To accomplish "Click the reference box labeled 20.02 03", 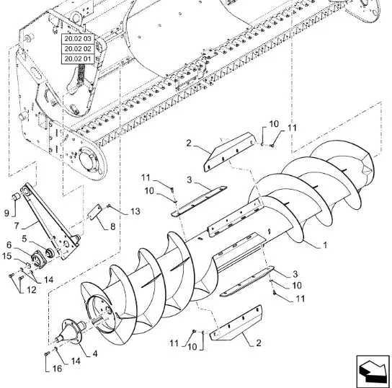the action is [x=78, y=39].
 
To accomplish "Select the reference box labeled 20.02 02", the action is [x=78, y=49].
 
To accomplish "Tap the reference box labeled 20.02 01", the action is [x=78, y=59].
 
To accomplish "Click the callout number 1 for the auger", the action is [x=325, y=245].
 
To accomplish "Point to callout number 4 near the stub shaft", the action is [x=95, y=353].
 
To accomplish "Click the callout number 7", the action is [x=17, y=226].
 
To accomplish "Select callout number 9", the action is [x=6, y=213].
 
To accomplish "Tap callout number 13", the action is [x=135, y=211].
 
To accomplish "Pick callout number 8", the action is [x=112, y=226].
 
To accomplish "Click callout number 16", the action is [x=57, y=369].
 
